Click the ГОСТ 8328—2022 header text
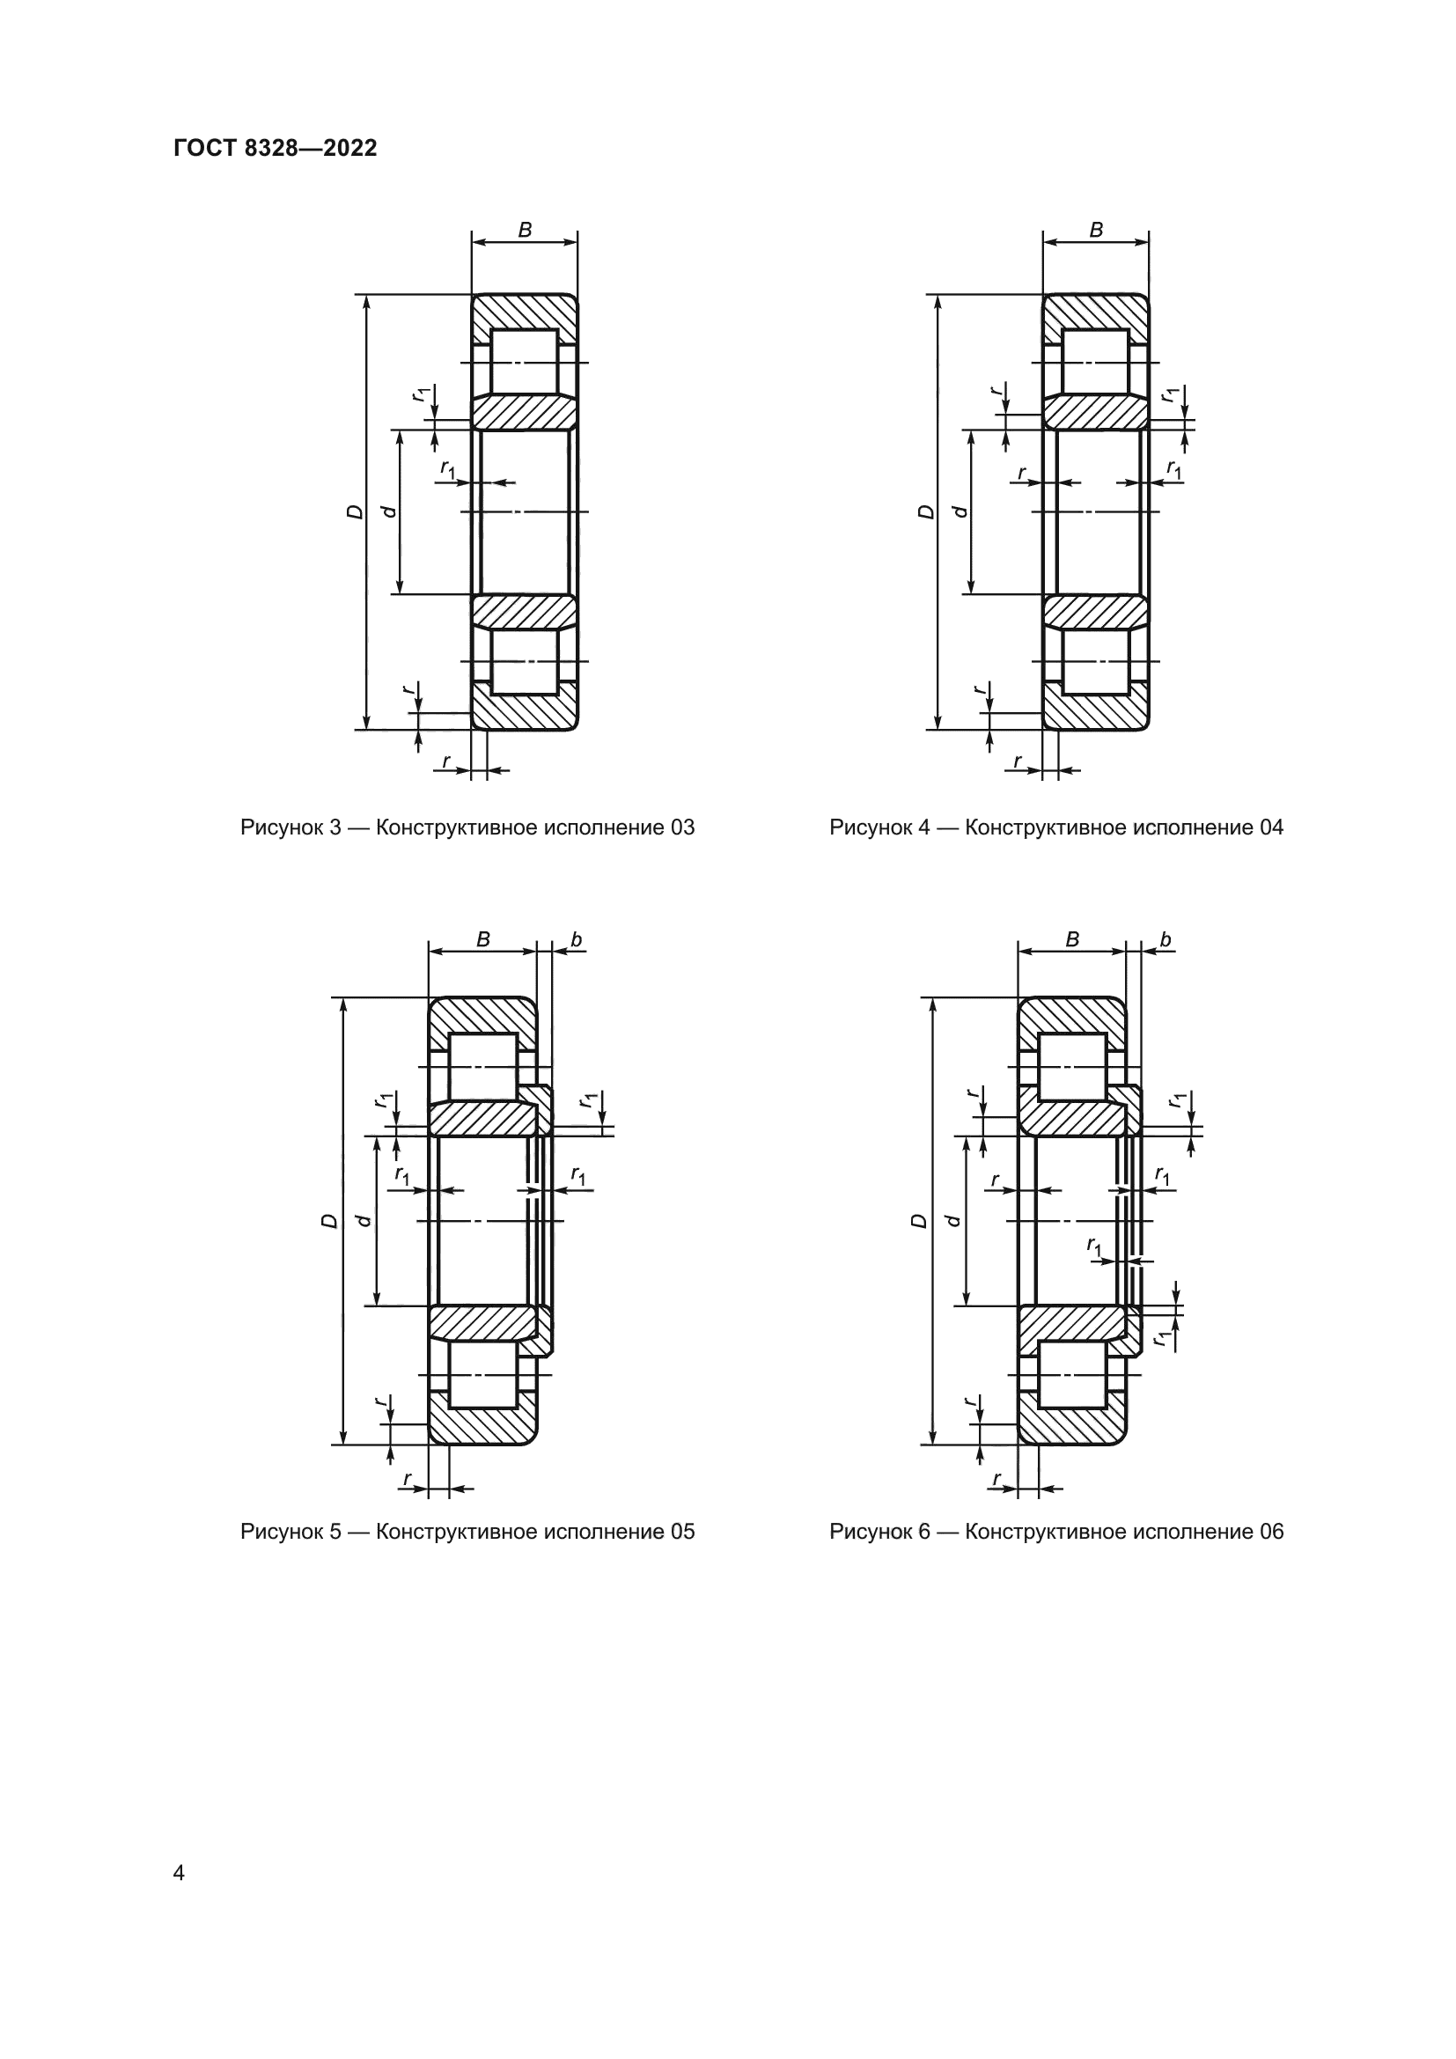click(276, 148)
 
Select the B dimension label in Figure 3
click(525, 230)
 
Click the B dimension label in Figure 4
click(1096, 230)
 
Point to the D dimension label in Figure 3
click(356, 512)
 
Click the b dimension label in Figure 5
click(577, 940)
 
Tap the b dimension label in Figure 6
click(1166, 940)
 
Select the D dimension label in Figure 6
click(920, 1222)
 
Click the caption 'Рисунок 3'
click(290, 827)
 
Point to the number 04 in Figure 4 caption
click(1271, 827)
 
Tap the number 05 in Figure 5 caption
click(682, 1532)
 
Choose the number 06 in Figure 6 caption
click(1271, 1532)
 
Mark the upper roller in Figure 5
click(483, 1066)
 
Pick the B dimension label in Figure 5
click(483, 940)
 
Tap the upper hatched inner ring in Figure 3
click(525, 413)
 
